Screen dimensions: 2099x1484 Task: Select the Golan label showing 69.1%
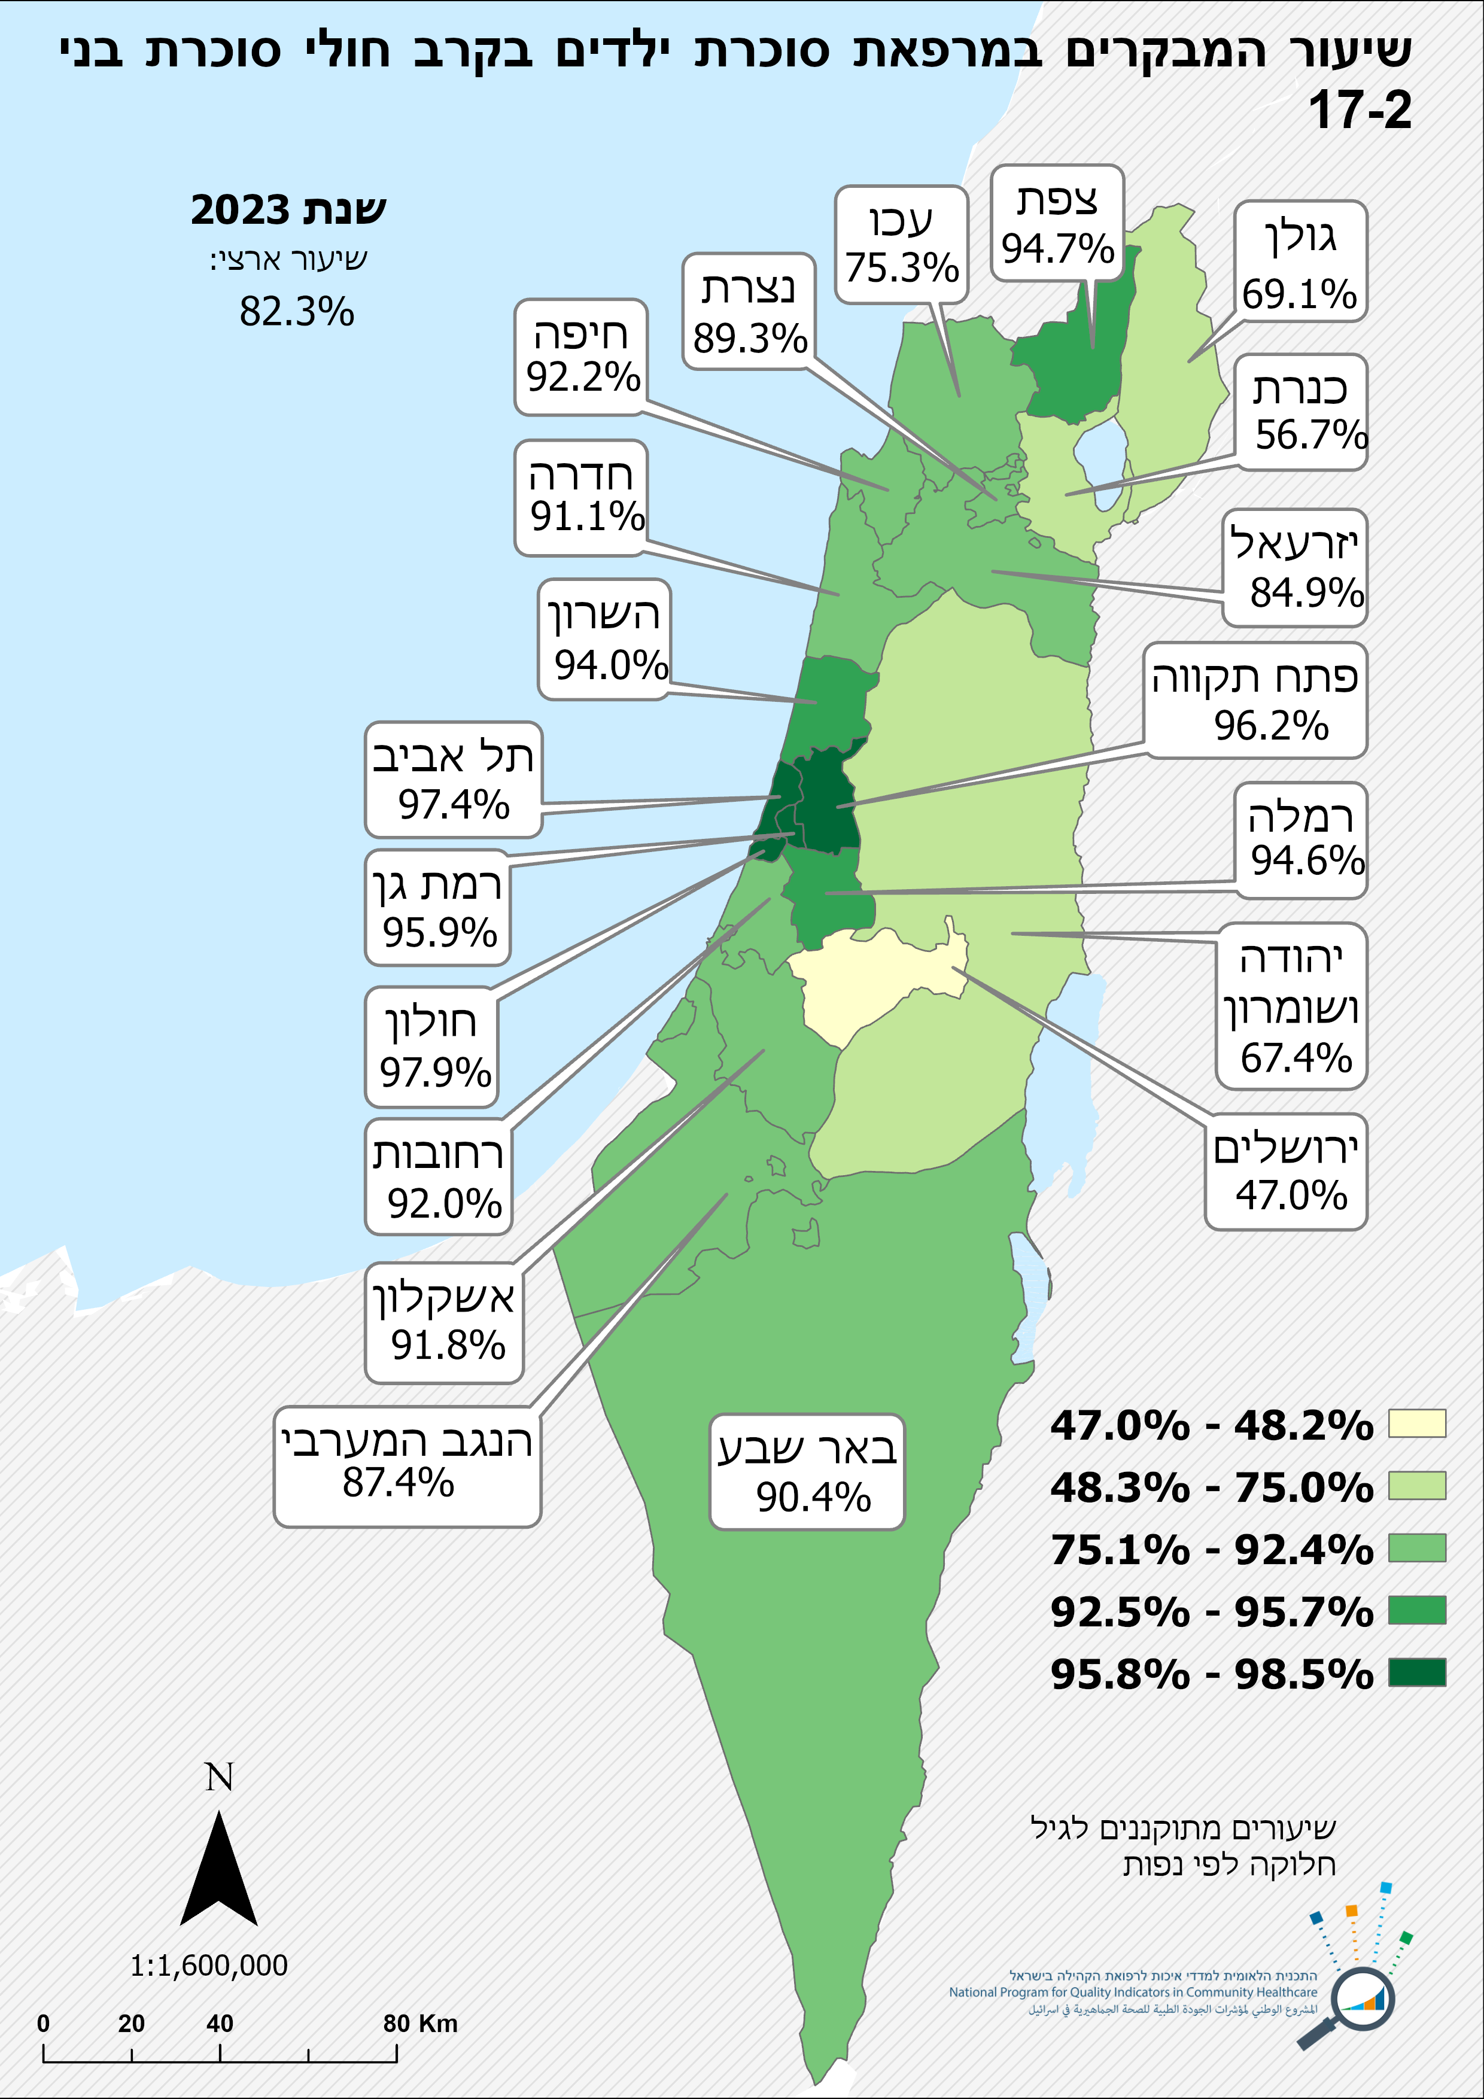(1300, 261)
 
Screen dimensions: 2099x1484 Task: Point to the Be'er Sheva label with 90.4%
(807, 1472)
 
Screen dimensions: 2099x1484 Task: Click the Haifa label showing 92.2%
(582, 357)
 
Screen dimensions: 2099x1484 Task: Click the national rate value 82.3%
(296, 312)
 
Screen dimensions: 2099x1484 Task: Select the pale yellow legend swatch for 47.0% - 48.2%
(1416, 1423)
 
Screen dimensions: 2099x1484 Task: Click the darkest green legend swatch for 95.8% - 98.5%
(1416, 1673)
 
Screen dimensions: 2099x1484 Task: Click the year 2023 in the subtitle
(239, 210)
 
